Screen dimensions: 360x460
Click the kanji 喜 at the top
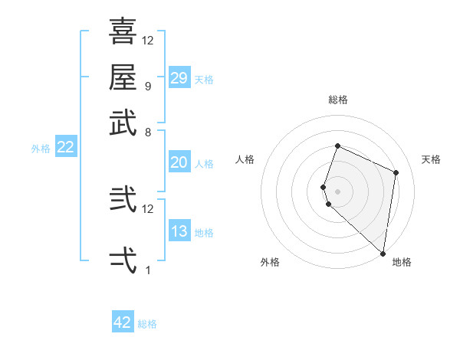(123, 31)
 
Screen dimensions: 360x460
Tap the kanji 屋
(123, 77)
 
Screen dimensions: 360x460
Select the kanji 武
(123, 123)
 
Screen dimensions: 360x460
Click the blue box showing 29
(179, 77)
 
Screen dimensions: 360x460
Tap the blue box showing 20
(179, 162)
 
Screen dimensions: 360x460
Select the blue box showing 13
(179, 231)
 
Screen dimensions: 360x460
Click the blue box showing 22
(65, 148)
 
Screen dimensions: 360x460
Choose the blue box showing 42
(123, 322)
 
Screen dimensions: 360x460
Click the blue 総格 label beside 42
(147, 324)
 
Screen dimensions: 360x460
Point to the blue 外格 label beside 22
(41, 149)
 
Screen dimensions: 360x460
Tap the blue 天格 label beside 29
(204, 79)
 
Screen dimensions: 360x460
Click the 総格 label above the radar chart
(337, 100)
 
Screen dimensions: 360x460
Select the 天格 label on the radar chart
(431, 159)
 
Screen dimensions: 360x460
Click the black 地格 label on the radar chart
(402, 262)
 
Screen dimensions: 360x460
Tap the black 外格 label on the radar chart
(270, 262)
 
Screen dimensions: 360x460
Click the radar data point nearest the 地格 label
(383, 254)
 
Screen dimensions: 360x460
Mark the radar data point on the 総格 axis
(337, 146)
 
